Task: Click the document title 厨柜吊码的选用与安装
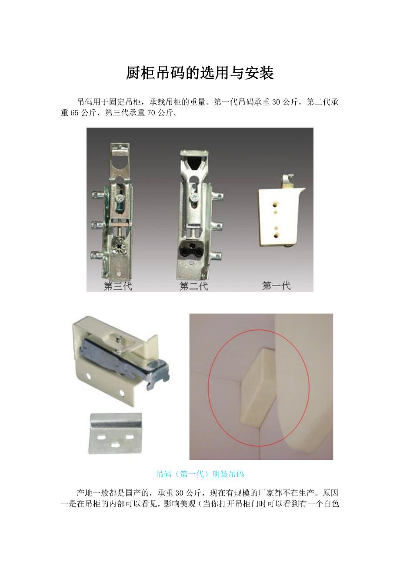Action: pyautogui.click(x=200, y=73)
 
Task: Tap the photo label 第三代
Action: pyautogui.click(x=117, y=286)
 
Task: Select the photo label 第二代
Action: pyautogui.click(x=193, y=286)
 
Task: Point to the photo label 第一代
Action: pyautogui.click(x=276, y=286)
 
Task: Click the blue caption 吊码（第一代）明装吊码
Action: pyautogui.click(x=200, y=474)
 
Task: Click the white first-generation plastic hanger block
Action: pyautogui.click(x=279, y=216)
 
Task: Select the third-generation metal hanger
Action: pyautogui.click(x=114, y=210)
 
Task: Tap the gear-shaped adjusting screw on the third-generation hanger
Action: pyautogui.click(x=119, y=245)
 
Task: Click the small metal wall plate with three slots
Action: pyautogui.click(x=116, y=434)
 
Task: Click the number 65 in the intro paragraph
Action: pyautogui.click(x=74, y=113)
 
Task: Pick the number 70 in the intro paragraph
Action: pyautogui.click(x=151, y=113)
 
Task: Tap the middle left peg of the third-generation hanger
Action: pyautogui.click(x=97, y=225)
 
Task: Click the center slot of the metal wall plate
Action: pyautogui.click(x=115, y=445)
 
